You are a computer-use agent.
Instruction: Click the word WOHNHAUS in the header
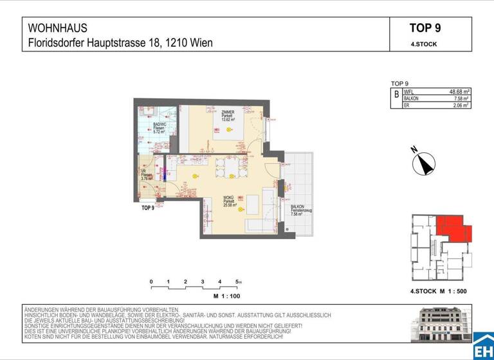58,28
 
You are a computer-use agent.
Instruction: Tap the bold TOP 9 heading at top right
425,28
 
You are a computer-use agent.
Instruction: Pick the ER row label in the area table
407,105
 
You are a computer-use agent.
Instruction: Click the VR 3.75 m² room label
147,175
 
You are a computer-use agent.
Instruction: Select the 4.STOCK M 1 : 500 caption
438,291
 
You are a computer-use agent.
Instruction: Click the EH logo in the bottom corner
483,347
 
